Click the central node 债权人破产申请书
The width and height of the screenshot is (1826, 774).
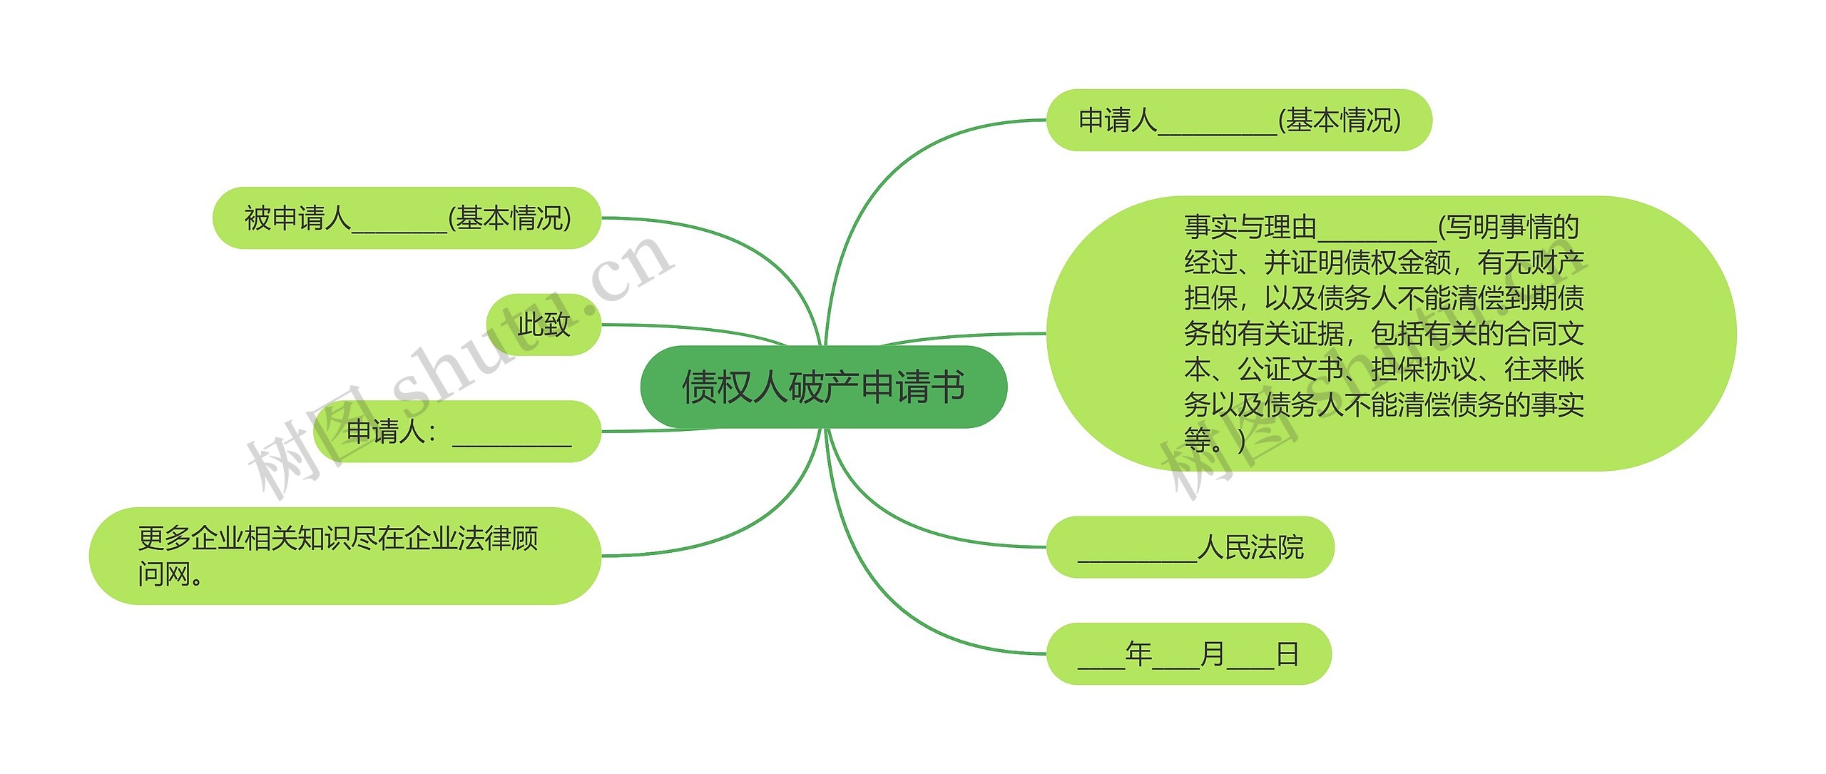[823, 387]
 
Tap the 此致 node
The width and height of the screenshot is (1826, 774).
[544, 325]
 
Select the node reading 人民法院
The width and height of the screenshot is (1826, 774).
[1190, 547]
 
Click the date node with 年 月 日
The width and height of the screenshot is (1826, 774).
[1188, 653]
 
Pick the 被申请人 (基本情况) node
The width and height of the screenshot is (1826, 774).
[407, 218]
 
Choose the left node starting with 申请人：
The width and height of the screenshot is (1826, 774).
[456, 432]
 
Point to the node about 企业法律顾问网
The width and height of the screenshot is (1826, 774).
[345, 556]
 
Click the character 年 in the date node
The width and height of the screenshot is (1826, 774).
[1138, 653]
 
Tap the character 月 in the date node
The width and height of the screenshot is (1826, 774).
[1213, 653]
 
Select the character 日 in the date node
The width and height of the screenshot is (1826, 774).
[1287, 653]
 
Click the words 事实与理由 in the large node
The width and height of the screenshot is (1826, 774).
[1250, 228]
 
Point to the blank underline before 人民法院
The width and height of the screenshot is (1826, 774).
[1137, 556]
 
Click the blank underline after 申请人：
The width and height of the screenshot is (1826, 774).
[512, 441]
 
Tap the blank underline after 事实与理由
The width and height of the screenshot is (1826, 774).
[1377, 237]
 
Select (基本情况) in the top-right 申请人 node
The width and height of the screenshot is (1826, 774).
[1340, 121]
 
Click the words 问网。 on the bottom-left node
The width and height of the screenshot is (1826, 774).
[170, 574]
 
